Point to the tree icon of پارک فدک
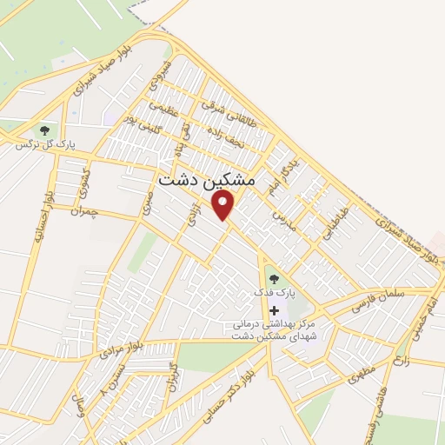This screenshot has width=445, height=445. point(275,279)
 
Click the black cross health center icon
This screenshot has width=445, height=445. point(275,310)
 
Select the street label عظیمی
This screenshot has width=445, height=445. point(163,111)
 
